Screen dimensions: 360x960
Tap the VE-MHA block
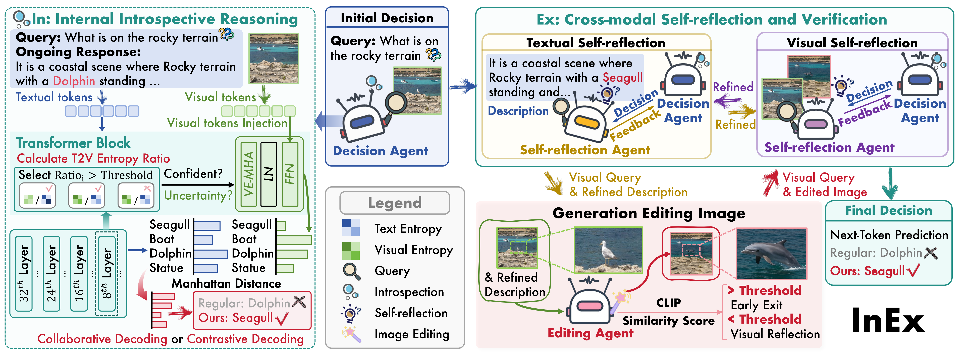[x=249, y=174]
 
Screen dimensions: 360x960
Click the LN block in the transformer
[x=268, y=174]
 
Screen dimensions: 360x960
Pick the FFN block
[x=290, y=174]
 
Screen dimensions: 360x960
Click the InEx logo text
[x=888, y=321]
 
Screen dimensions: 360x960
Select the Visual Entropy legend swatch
[x=351, y=250]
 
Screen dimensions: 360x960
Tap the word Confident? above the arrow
[x=193, y=174]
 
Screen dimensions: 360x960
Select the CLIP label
[x=669, y=303]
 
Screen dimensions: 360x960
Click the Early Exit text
[x=756, y=305]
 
